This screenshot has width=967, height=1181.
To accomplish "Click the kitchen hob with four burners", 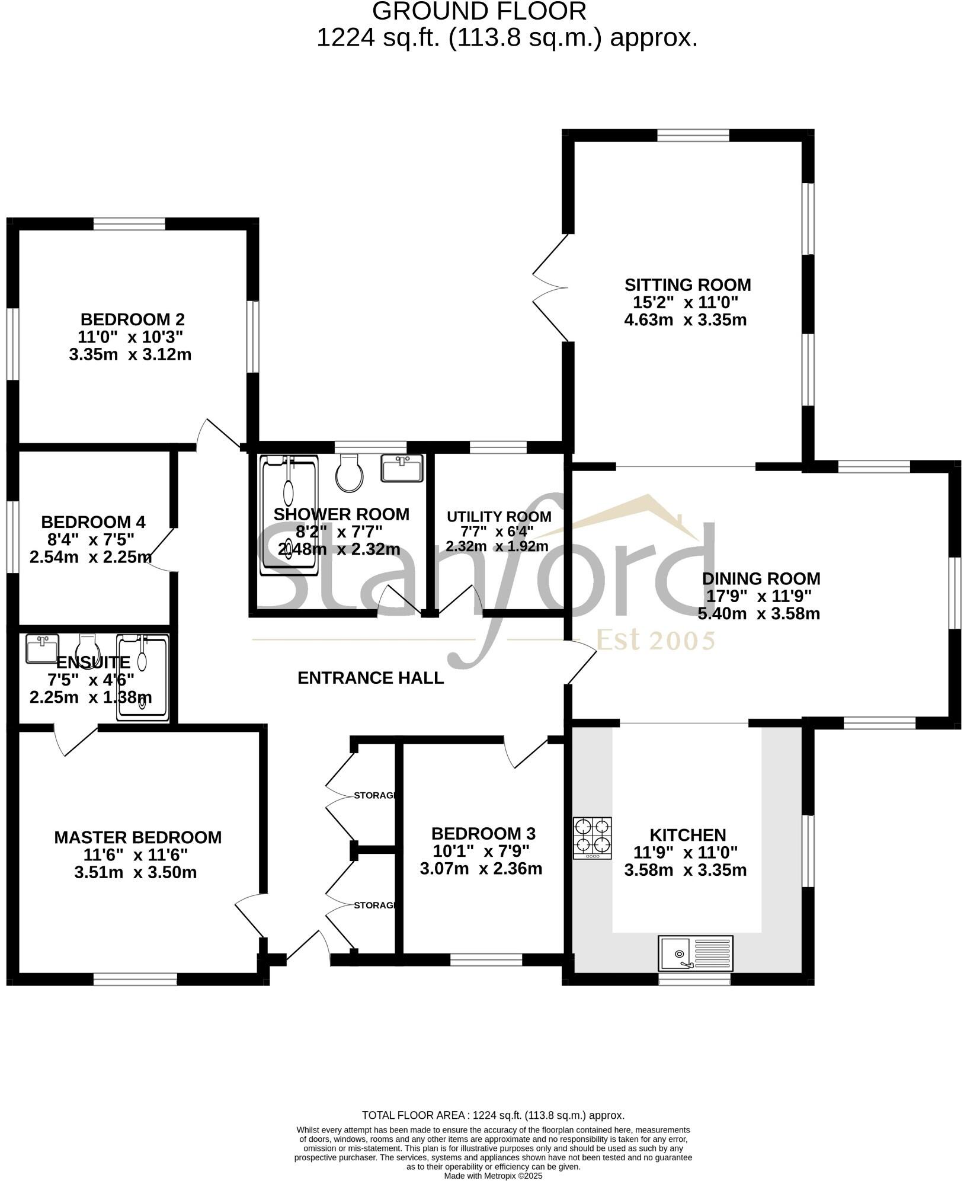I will (x=592, y=838).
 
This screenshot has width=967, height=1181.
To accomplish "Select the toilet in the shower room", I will (x=348, y=472).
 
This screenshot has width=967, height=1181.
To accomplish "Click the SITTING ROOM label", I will (x=687, y=285).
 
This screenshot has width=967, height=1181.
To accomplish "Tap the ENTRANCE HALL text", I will (x=370, y=678).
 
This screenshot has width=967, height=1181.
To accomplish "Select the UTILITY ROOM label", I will (x=499, y=517).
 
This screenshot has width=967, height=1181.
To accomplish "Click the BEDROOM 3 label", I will (x=483, y=834).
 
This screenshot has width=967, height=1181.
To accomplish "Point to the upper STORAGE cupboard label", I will (x=374, y=795).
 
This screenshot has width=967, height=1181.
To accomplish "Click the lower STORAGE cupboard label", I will (x=374, y=905).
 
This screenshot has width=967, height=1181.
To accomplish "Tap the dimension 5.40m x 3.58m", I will (x=758, y=613).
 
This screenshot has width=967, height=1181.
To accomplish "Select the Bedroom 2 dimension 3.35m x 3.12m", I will (x=130, y=354).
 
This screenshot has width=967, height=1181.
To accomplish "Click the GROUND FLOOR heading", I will (x=480, y=11).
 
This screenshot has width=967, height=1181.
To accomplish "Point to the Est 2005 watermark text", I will (x=655, y=641).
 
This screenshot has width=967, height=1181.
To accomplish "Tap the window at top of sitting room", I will (x=693, y=136).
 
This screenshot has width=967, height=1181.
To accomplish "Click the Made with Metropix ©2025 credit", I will (x=493, y=1176).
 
